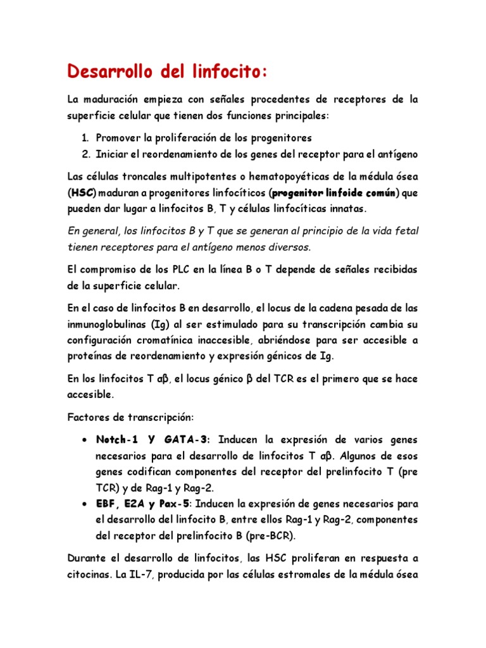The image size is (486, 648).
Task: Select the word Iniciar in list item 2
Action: pos(113,154)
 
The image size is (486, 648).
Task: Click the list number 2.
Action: pos(86,154)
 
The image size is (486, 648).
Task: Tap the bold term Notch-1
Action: pos(118,439)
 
